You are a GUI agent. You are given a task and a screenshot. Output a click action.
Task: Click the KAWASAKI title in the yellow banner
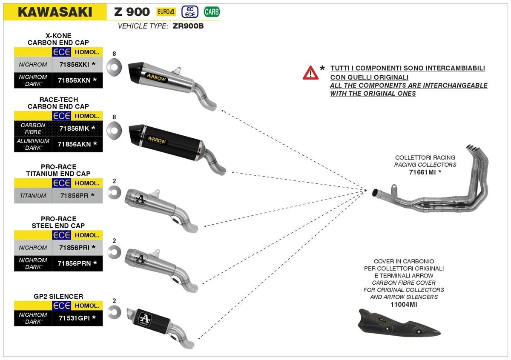(55, 11)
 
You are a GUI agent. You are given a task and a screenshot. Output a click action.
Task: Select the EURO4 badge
(166, 11)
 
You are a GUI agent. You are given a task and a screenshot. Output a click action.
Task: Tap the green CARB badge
(212, 11)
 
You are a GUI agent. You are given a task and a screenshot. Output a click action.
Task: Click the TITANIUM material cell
(33, 196)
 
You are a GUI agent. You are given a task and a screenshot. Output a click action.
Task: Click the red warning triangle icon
(310, 73)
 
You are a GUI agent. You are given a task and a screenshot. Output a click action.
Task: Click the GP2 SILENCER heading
(58, 296)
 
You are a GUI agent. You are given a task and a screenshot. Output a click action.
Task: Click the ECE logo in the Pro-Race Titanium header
(62, 183)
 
